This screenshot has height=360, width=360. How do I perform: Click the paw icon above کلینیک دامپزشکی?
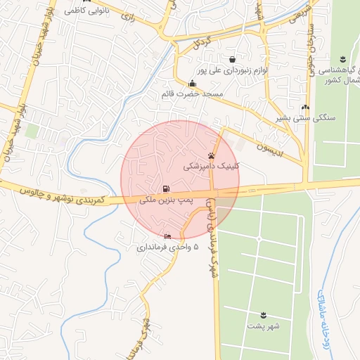211,155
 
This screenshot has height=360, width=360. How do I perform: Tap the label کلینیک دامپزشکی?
211,167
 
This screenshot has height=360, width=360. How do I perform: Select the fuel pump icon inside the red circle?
166,188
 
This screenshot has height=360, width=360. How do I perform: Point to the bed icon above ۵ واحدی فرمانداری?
167,236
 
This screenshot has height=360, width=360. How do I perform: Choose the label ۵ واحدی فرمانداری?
167,247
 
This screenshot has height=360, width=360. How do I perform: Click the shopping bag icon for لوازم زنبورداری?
232,59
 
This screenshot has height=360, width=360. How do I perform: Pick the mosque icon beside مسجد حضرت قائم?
192,84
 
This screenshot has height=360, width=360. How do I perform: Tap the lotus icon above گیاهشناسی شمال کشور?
342,59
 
